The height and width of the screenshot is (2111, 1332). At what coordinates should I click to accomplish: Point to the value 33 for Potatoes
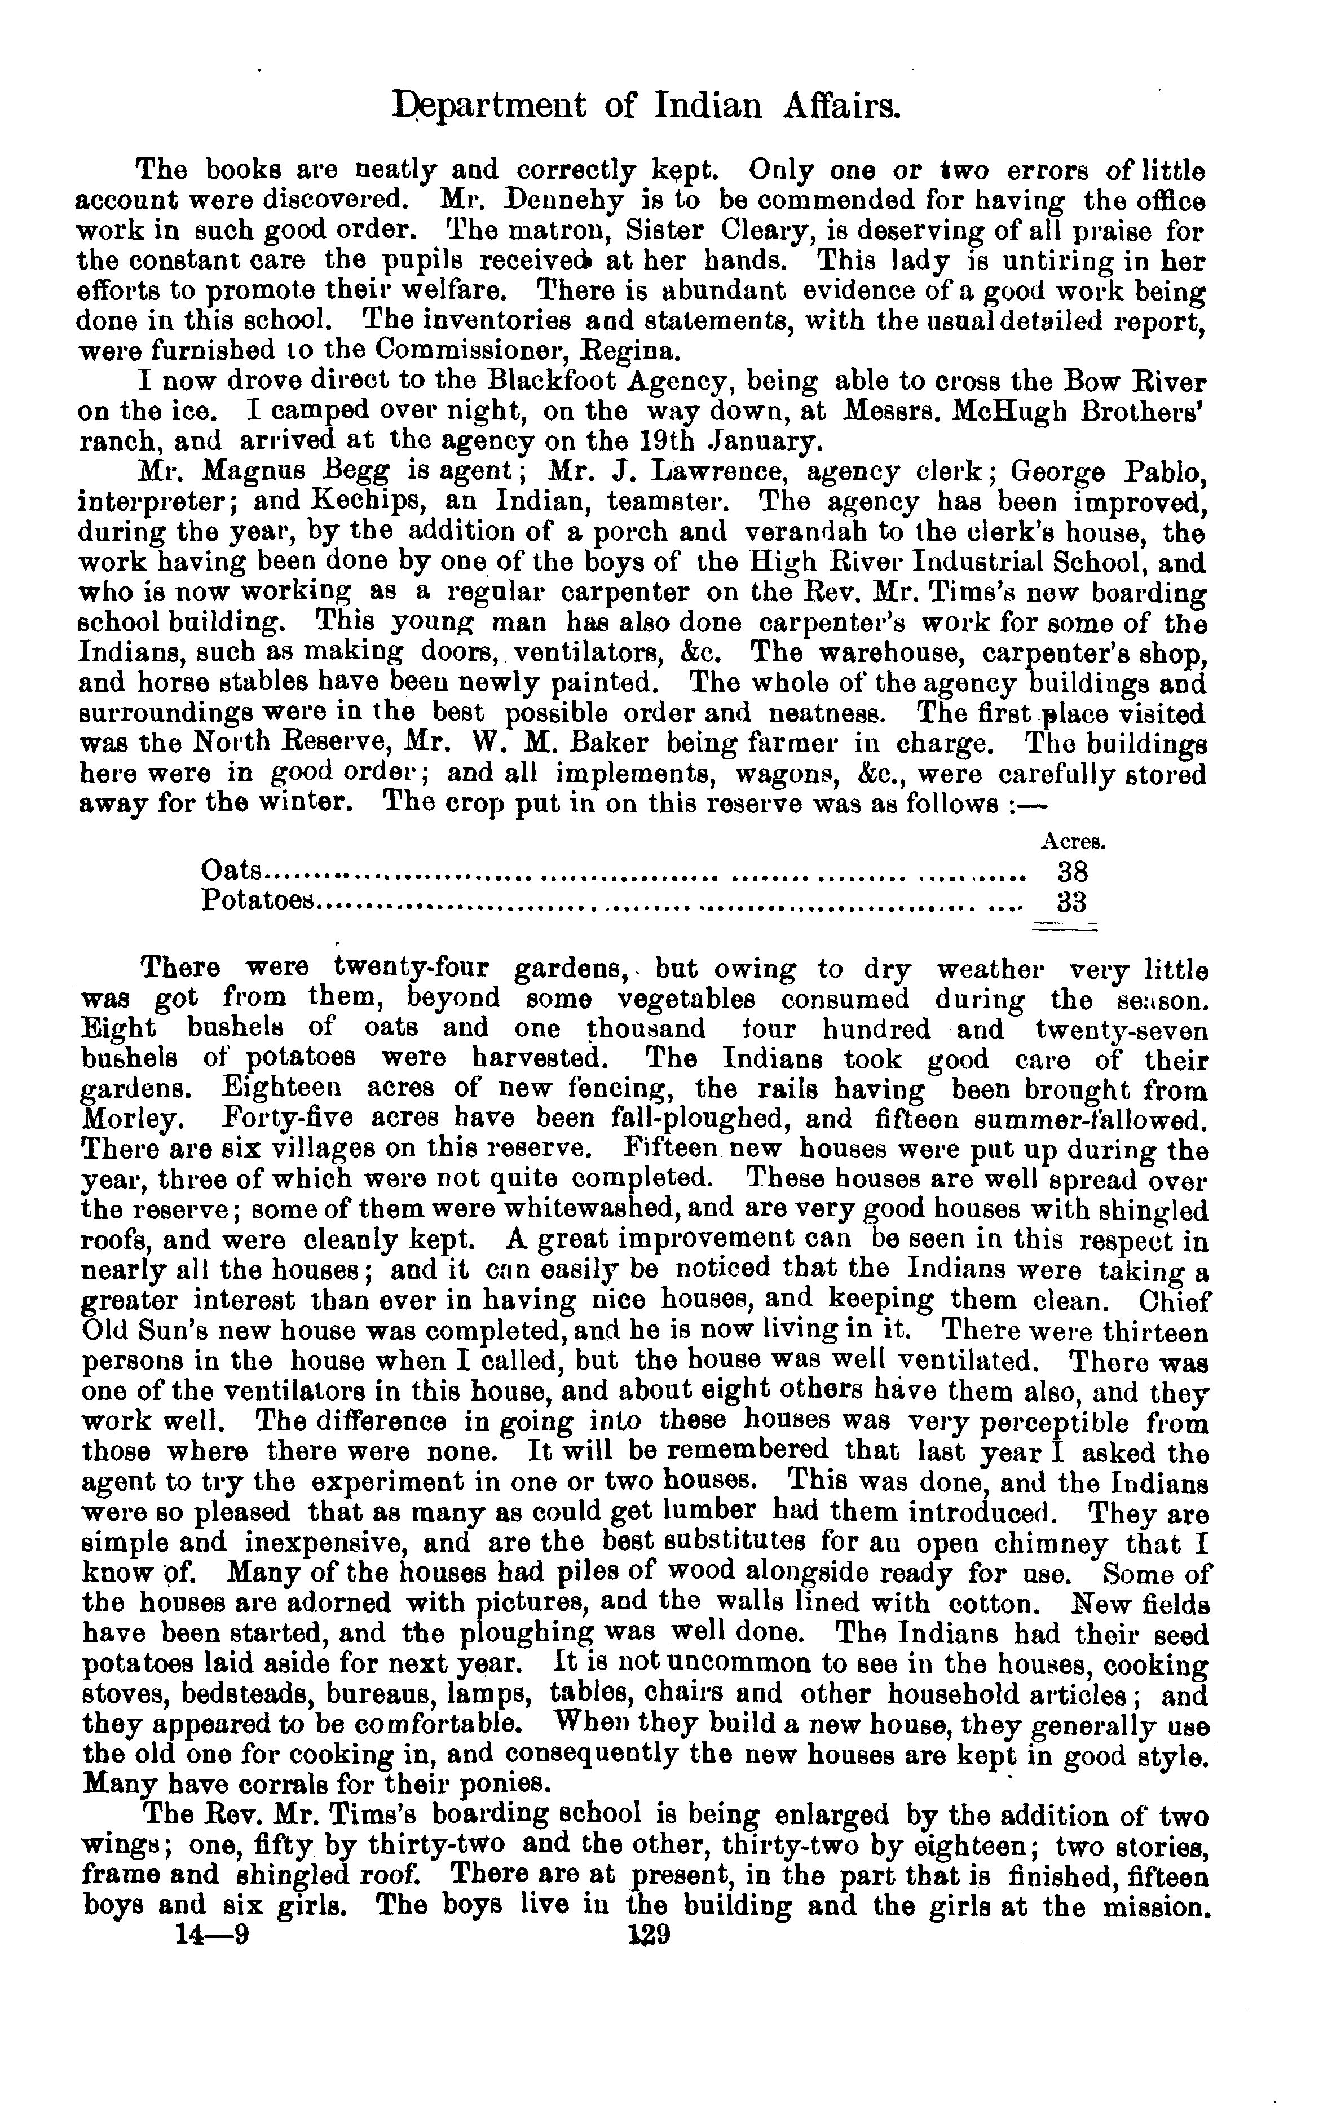click(1071, 902)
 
